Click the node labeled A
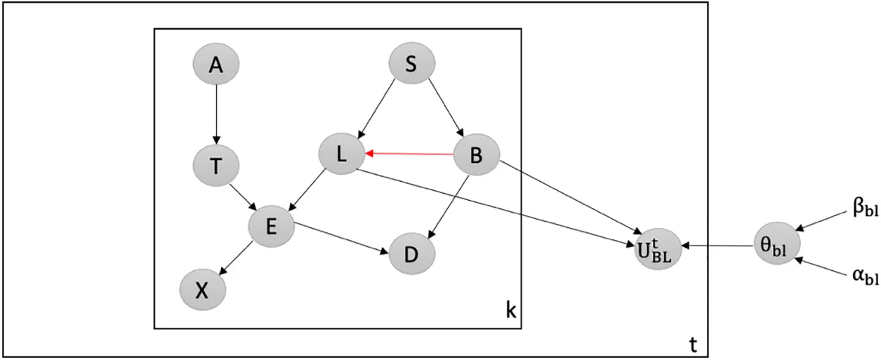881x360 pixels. click(216, 64)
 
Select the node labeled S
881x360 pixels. click(412, 63)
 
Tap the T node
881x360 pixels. click(216, 166)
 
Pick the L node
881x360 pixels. click(342, 154)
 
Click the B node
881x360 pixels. click(477, 155)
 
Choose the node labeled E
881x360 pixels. click(272, 226)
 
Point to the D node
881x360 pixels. click(412, 253)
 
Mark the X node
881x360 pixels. click(203, 290)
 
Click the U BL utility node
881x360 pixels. click(658, 249)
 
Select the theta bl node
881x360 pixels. click(777, 244)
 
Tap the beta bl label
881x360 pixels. click(866, 208)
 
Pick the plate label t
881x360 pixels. click(694, 345)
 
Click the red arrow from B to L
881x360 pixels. click(409, 154)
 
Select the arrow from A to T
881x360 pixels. click(216, 114)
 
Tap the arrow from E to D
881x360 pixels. click(341, 239)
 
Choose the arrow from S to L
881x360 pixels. click(376, 109)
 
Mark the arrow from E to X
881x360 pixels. click(236, 258)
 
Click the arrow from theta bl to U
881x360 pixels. click(717, 246)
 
